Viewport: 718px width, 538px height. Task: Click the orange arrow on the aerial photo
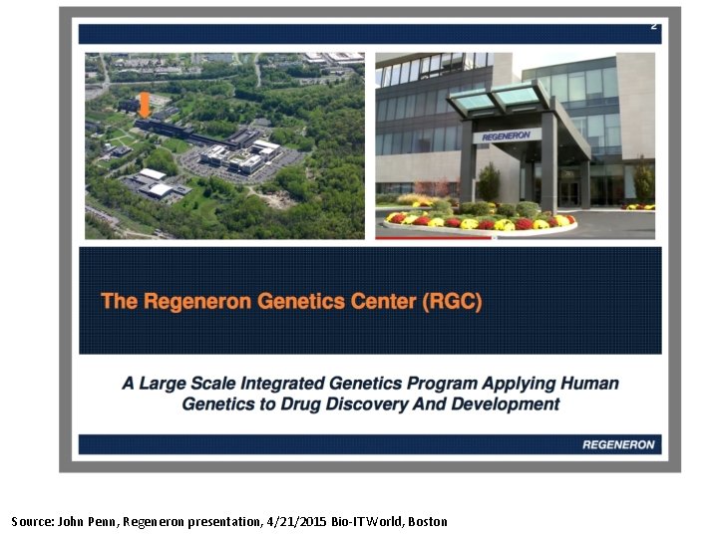pos(145,105)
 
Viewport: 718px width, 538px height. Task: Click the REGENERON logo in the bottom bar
pos(618,444)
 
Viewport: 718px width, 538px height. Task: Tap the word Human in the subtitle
pos(589,384)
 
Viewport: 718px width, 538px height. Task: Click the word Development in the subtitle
pos(506,404)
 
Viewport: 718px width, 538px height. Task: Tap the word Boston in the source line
pos(427,521)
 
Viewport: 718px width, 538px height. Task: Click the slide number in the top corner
pos(653,26)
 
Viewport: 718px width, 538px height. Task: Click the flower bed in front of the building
pos(479,221)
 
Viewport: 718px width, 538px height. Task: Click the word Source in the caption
pos(31,521)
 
